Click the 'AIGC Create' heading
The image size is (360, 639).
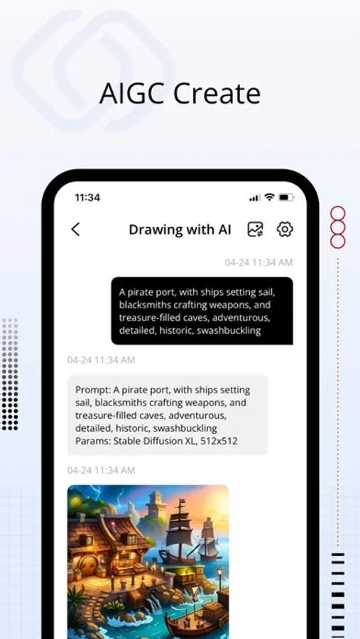[180, 93]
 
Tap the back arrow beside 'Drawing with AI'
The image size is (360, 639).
[75, 229]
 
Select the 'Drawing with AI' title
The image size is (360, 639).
[180, 229]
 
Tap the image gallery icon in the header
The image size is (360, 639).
[256, 229]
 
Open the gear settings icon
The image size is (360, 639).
[285, 229]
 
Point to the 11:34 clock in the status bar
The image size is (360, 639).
[87, 197]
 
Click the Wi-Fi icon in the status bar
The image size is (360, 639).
[269, 197]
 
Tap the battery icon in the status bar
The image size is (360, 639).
[286, 197]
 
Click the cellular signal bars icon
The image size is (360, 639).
[255, 198]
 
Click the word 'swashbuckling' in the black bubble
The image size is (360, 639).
[229, 330]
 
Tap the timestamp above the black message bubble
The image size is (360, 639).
[258, 263]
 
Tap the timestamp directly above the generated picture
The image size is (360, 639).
[101, 470]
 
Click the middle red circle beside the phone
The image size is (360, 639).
[337, 227]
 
